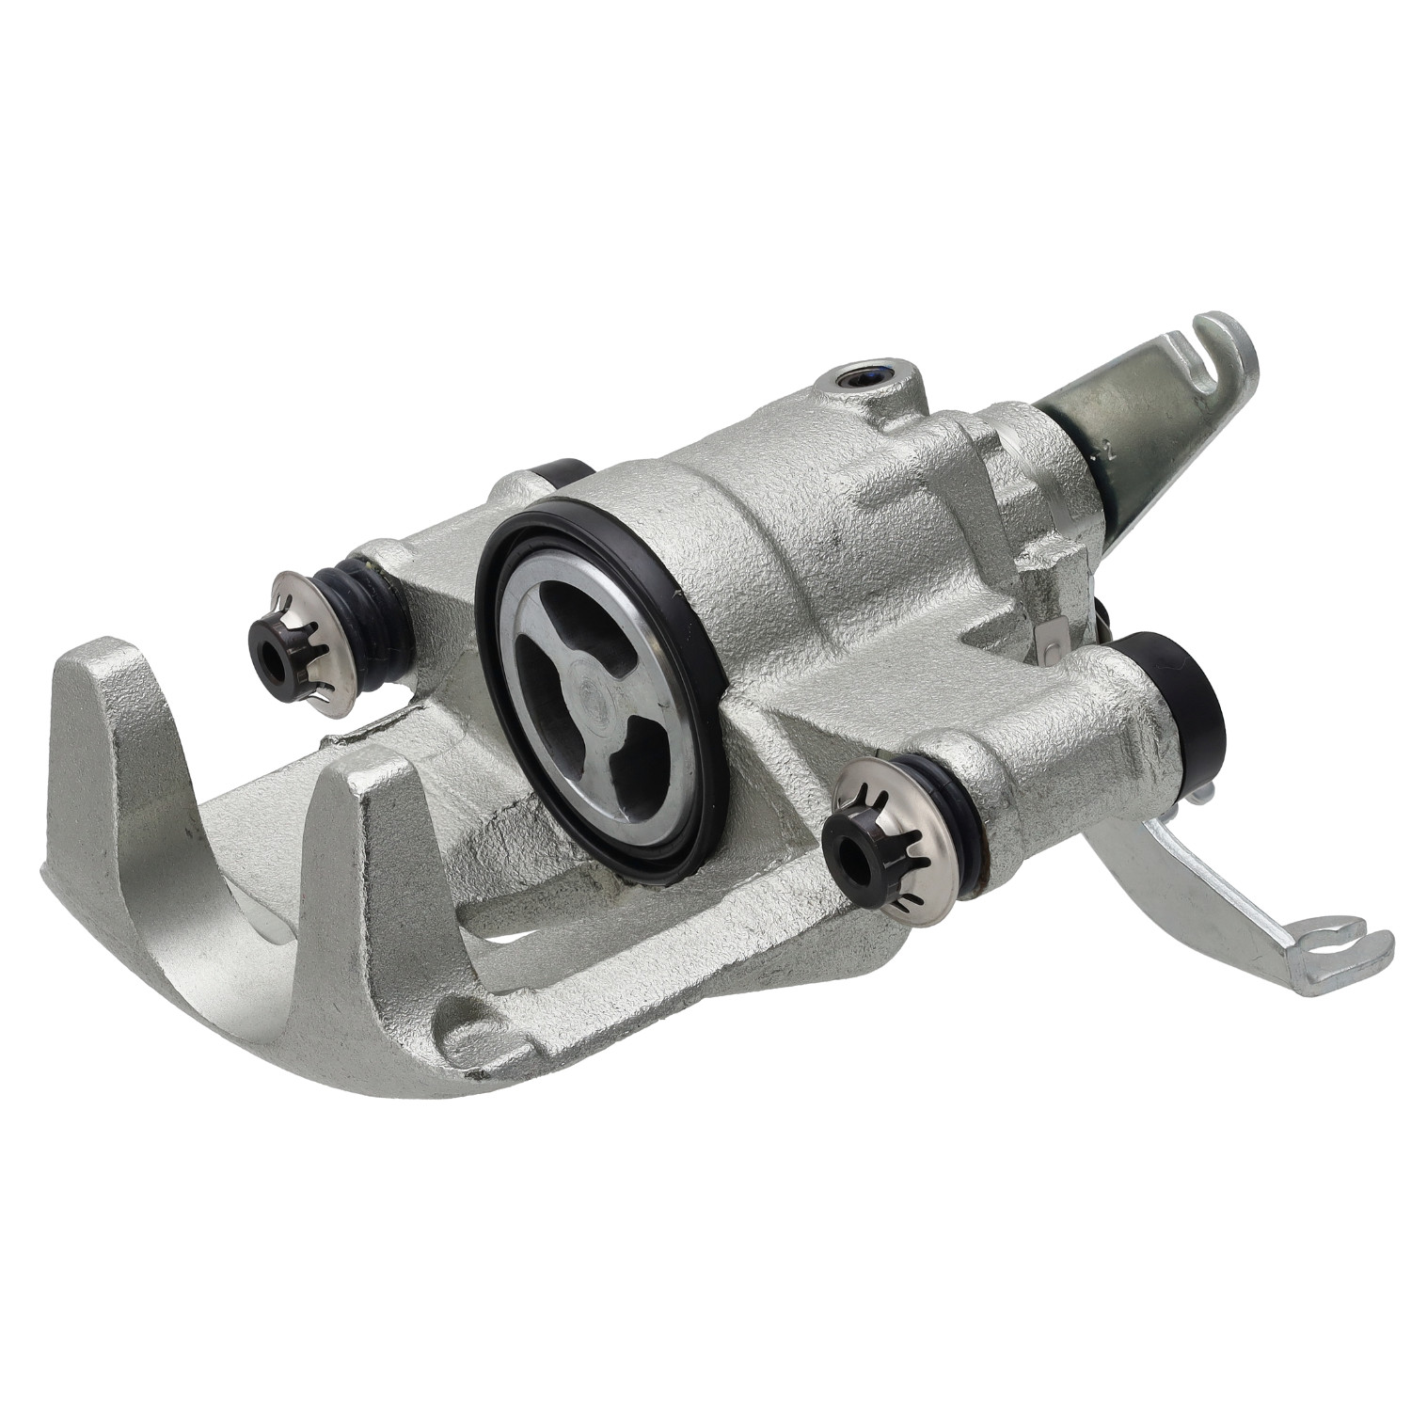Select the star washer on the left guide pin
[x=315, y=640]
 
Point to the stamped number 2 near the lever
[x=1109, y=451]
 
